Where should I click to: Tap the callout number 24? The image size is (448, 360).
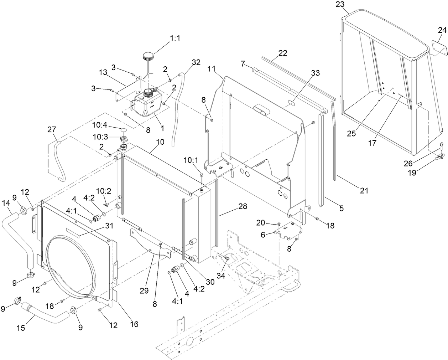[x=442, y=31]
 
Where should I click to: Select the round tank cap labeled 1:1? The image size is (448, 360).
[x=148, y=56]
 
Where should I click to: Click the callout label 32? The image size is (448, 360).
[x=196, y=62]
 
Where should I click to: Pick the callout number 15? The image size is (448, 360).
[x=21, y=328]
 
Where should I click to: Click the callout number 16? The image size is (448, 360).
[x=134, y=324]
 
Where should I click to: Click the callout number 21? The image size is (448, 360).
[x=363, y=191]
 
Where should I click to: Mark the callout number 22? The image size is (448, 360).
[x=282, y=53]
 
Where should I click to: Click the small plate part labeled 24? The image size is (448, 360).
[x=439, y=48]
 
